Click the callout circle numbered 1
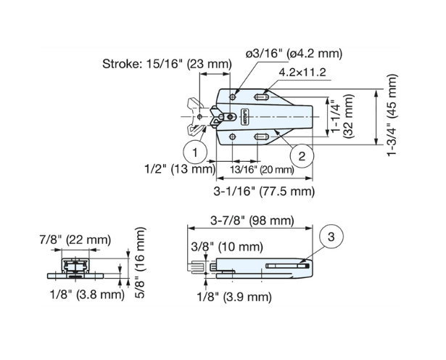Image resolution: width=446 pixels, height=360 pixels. [194, 152]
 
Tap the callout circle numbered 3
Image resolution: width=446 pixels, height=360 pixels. [330, 237]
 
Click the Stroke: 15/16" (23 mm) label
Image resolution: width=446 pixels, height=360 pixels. [167, 63]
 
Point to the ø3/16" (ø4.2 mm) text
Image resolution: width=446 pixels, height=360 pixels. [294, 54]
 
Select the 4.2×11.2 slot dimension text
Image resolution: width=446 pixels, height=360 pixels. [305, 73]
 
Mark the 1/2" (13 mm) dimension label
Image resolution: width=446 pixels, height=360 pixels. [179, 170]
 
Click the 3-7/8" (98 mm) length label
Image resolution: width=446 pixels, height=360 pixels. [250, 220]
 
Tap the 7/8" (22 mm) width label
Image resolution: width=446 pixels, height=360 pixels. [75, 240]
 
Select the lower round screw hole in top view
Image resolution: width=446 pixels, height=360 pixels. [231, 136]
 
